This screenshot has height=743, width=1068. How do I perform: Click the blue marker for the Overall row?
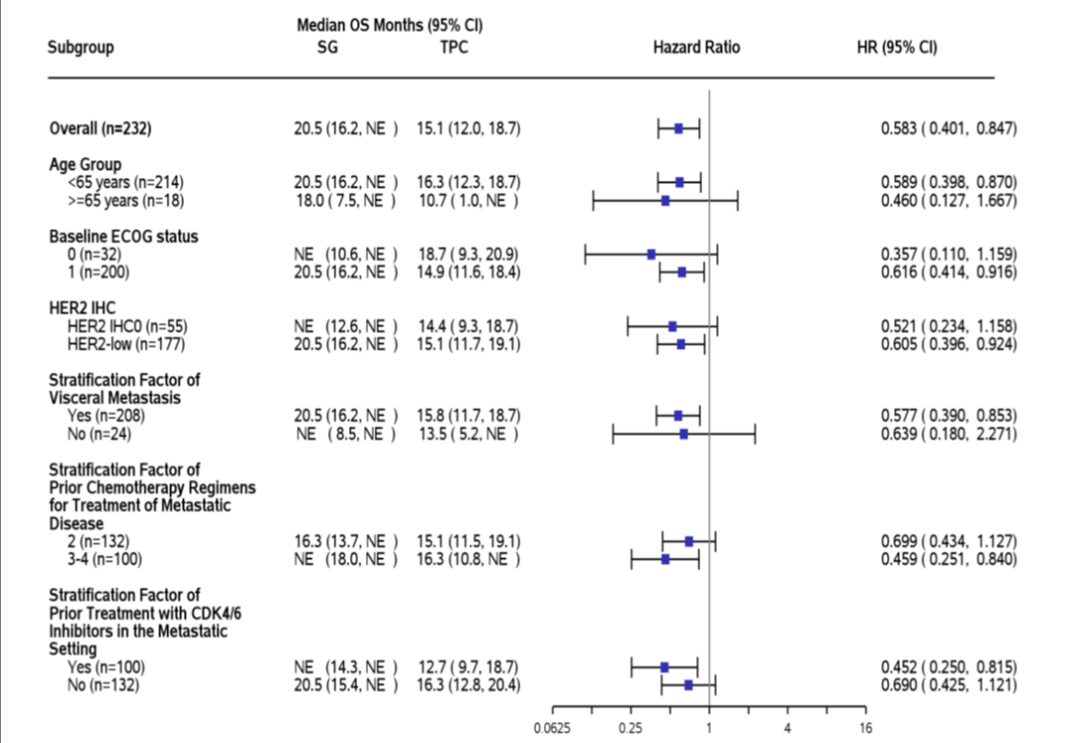[678, 128]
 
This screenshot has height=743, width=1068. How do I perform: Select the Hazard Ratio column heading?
[696, 47]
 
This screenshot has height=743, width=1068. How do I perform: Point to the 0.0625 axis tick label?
[552, 729]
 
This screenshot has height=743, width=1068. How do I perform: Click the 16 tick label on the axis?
[865, 729]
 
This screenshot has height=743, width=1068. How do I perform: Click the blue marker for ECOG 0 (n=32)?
[651, 255]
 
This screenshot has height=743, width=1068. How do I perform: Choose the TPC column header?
[454, 47]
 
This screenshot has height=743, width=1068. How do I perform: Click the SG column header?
[327, 47]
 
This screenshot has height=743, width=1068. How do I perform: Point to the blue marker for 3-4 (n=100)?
[666, 559]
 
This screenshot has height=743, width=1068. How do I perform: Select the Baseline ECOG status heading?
[124, 236]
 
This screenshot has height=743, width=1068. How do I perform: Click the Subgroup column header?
[80, 47]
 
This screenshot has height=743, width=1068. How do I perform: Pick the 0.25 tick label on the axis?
[630, 729]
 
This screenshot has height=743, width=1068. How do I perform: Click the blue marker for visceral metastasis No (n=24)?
[683, 434]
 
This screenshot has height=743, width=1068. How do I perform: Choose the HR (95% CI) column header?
[896, 47]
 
